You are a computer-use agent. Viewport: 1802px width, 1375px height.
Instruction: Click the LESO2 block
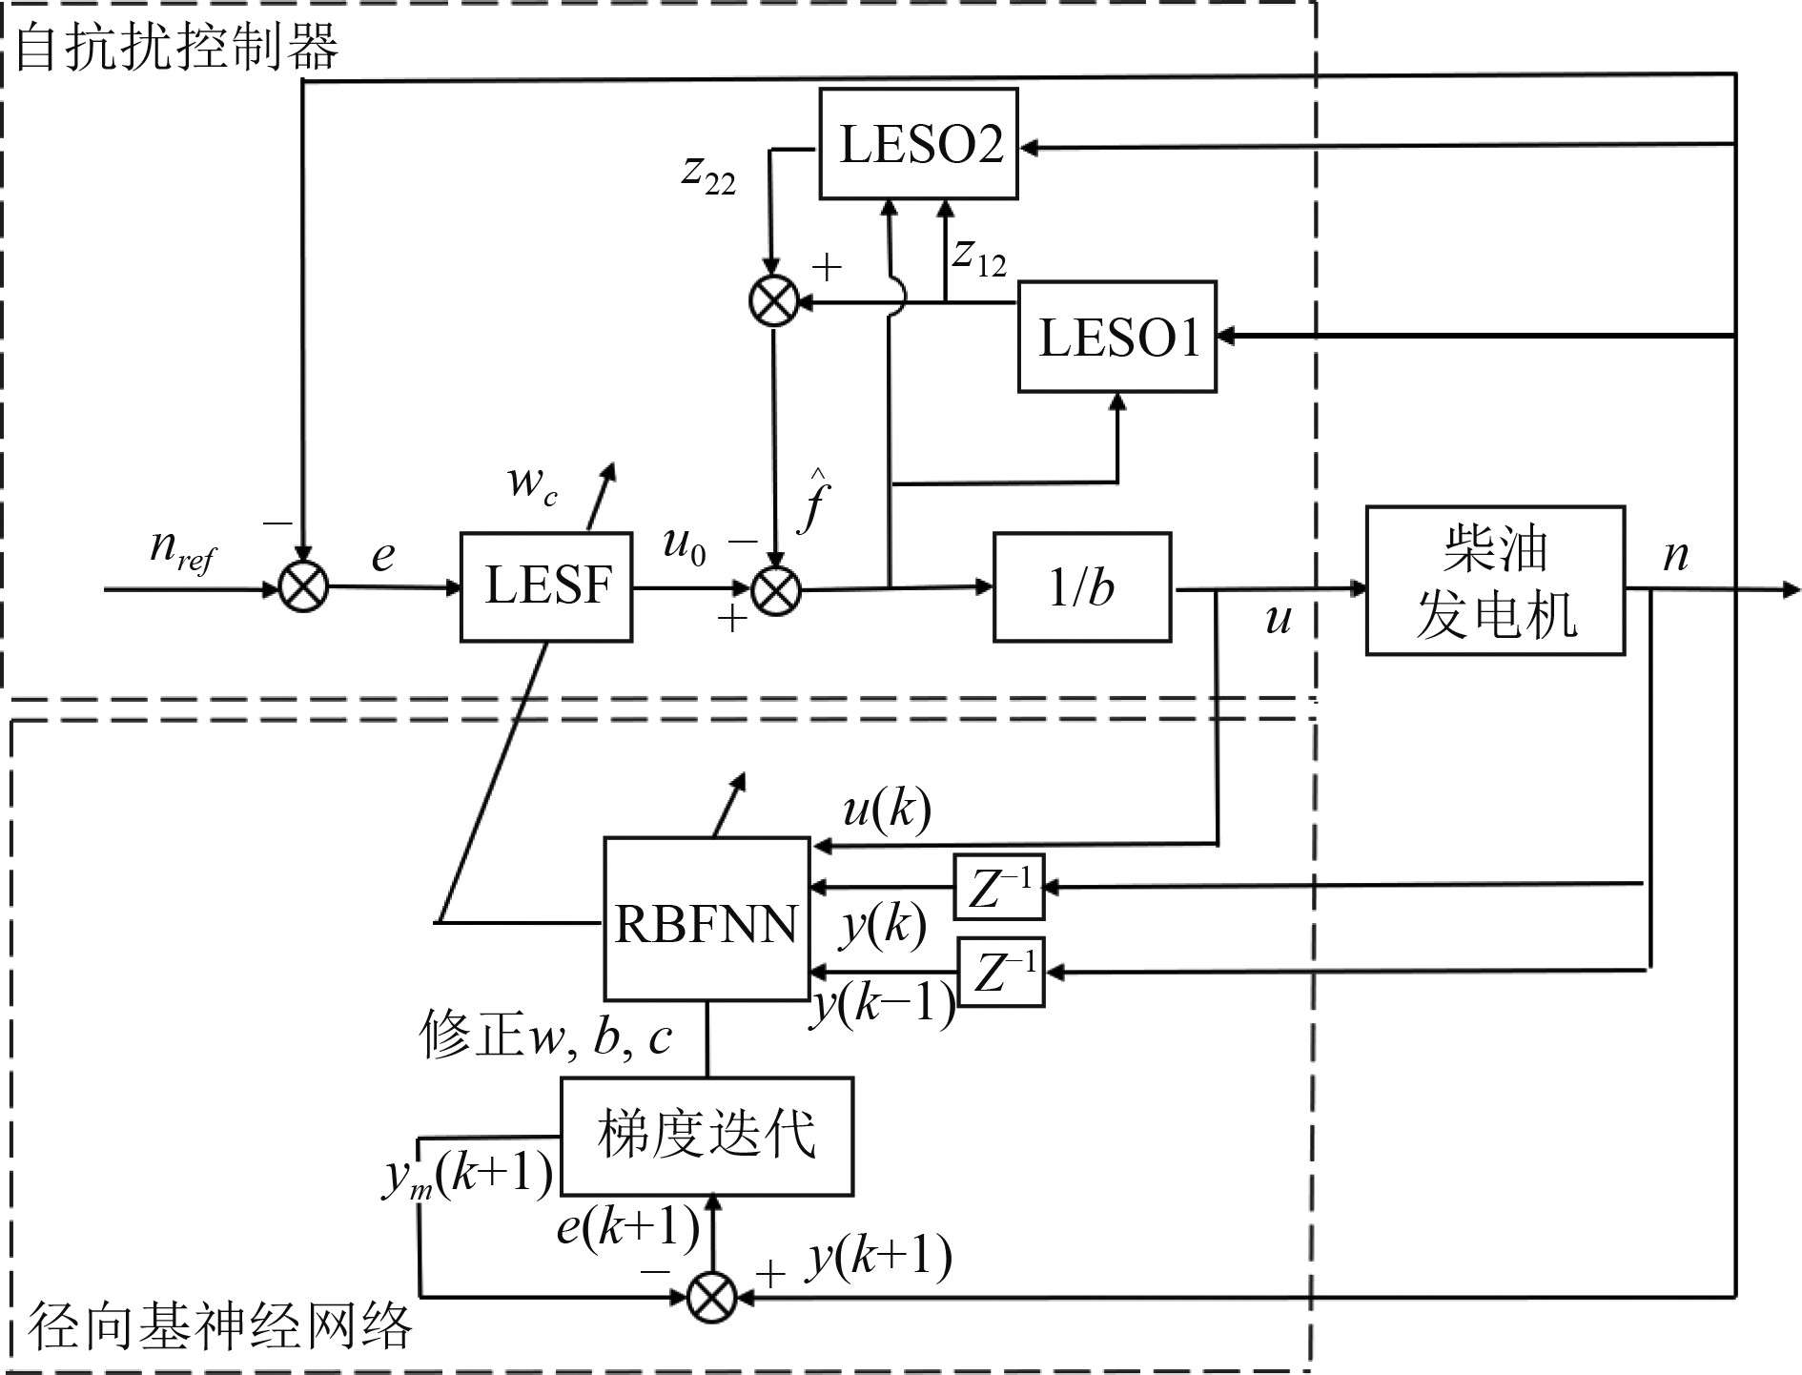click(918, 144)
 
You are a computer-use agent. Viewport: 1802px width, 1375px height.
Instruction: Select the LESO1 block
click(1116, 337)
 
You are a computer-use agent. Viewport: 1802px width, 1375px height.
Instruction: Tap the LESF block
click(546, 586)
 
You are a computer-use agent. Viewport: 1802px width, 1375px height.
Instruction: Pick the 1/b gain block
click(1081, 587)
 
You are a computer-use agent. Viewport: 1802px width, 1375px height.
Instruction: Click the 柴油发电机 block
click(1494, 581)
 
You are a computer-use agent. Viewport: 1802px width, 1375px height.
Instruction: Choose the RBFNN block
click(706, 919)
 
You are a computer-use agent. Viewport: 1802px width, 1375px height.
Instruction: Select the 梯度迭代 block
click(706, 1136)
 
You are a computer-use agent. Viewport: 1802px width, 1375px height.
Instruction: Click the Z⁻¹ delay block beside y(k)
click(999, 887)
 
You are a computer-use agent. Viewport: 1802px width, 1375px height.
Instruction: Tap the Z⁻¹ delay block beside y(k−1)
click(1000, 973)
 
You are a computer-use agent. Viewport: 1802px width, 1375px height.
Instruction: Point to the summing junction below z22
click(774, 301)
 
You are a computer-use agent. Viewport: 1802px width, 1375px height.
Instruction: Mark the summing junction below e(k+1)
click(712, 1297)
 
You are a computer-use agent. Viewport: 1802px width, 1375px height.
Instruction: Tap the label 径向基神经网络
click(220, 1325)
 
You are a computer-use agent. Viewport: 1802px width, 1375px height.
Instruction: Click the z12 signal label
click(979, 256)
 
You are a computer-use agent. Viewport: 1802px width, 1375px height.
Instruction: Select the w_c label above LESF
click(532, 482)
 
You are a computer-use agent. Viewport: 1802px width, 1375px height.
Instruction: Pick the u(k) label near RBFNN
click(887, 811)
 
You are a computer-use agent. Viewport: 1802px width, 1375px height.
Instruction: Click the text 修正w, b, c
click(546, 1036)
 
